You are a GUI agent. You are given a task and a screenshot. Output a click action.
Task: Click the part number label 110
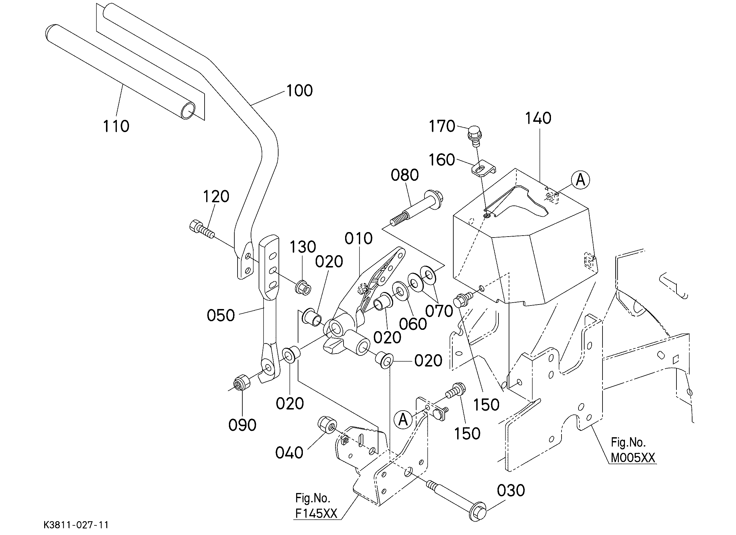116,126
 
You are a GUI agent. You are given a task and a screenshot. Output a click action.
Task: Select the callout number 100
300,91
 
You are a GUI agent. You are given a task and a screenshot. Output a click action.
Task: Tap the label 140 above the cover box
538,118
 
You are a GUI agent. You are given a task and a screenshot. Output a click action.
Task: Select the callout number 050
221,316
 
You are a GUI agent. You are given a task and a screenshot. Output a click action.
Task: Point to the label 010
358,239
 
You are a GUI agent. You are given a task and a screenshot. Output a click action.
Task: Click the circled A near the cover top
580,180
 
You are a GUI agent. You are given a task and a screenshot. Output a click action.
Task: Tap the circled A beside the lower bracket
403,420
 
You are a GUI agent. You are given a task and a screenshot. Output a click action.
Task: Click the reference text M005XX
633,458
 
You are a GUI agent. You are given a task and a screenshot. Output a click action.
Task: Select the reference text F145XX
316,513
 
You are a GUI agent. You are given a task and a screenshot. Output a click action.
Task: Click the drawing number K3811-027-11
77,525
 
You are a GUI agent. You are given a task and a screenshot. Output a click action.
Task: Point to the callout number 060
413,324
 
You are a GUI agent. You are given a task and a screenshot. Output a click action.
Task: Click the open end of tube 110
188,111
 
